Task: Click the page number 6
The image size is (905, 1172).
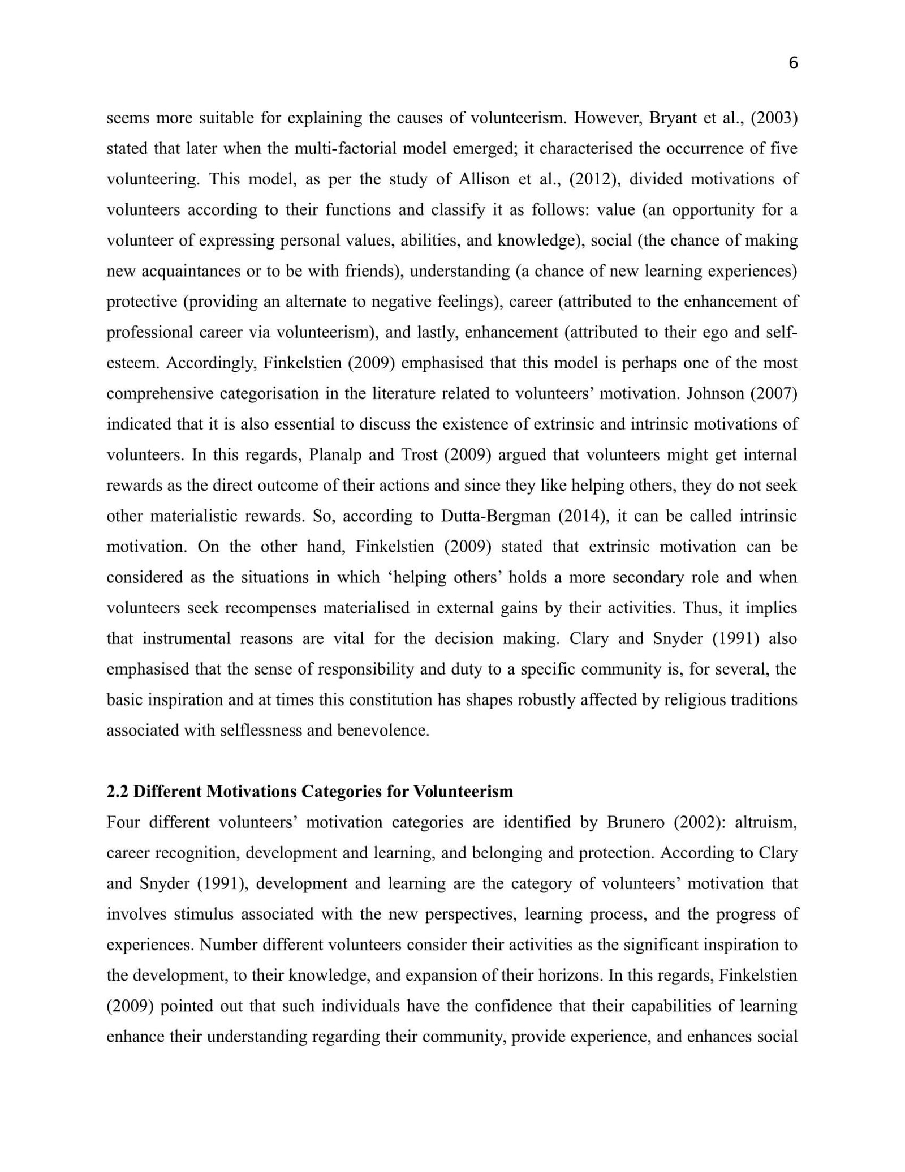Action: click(x=793, y=63)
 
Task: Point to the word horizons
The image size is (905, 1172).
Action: click(x=574, y=975)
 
